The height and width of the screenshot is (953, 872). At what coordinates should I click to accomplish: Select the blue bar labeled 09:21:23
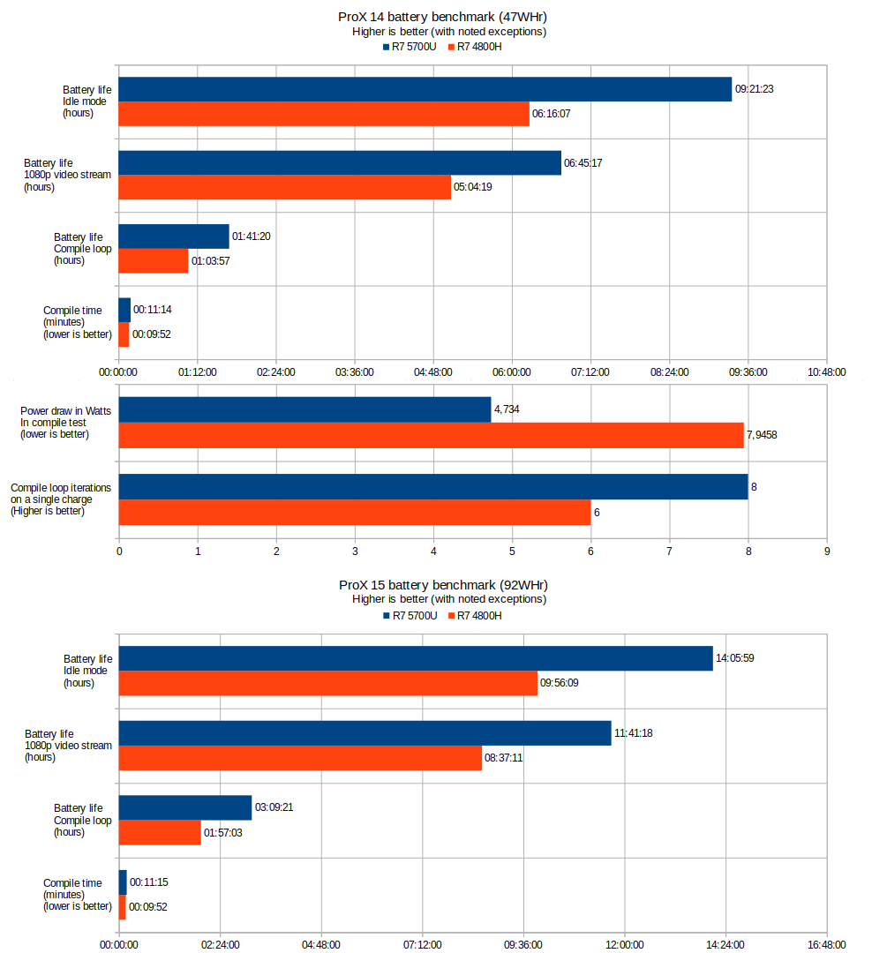pos(425,89)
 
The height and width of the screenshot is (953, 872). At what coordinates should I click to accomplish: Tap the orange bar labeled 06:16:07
pos(324,114)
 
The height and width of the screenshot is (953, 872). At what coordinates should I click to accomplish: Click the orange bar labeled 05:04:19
pos(284,187)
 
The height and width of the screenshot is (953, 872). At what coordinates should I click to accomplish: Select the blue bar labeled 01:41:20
pos(174,236)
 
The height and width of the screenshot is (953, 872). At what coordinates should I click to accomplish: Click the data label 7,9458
pos(763,435)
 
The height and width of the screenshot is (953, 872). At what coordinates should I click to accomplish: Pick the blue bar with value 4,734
pos(304,409)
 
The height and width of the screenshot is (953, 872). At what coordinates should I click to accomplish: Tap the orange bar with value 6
pos(355,512)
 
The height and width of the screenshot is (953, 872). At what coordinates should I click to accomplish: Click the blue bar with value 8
pos(433,487)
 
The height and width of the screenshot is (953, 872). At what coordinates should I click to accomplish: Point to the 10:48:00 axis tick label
pos(827,372)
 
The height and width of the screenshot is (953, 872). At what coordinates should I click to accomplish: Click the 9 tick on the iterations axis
pos(827,552)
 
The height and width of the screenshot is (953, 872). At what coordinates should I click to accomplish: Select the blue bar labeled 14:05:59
pos(416,658)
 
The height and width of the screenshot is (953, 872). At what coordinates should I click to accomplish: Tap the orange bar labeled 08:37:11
pos(300,758)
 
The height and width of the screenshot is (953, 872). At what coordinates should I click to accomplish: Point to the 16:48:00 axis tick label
pos(827,944)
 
